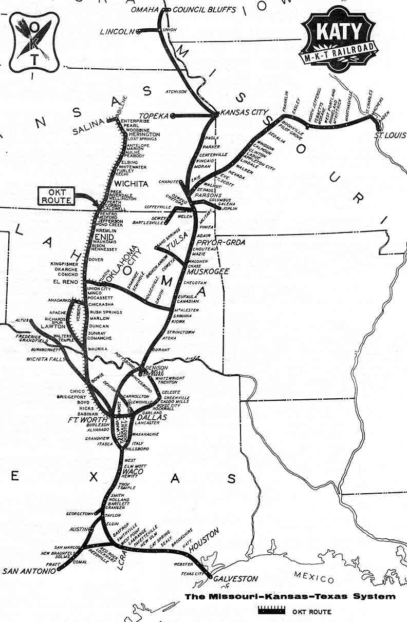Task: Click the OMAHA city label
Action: click(x=144, y=10)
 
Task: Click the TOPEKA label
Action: click(x=155, y=116)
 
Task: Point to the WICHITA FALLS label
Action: click(x=46, y=359)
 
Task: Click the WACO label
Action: click(x=134, y=472)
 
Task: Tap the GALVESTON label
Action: click(x=235, y=579)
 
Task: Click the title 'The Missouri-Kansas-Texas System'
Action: click(x=290, y=596)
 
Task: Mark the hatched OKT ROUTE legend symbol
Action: click(x=271, y=611)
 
